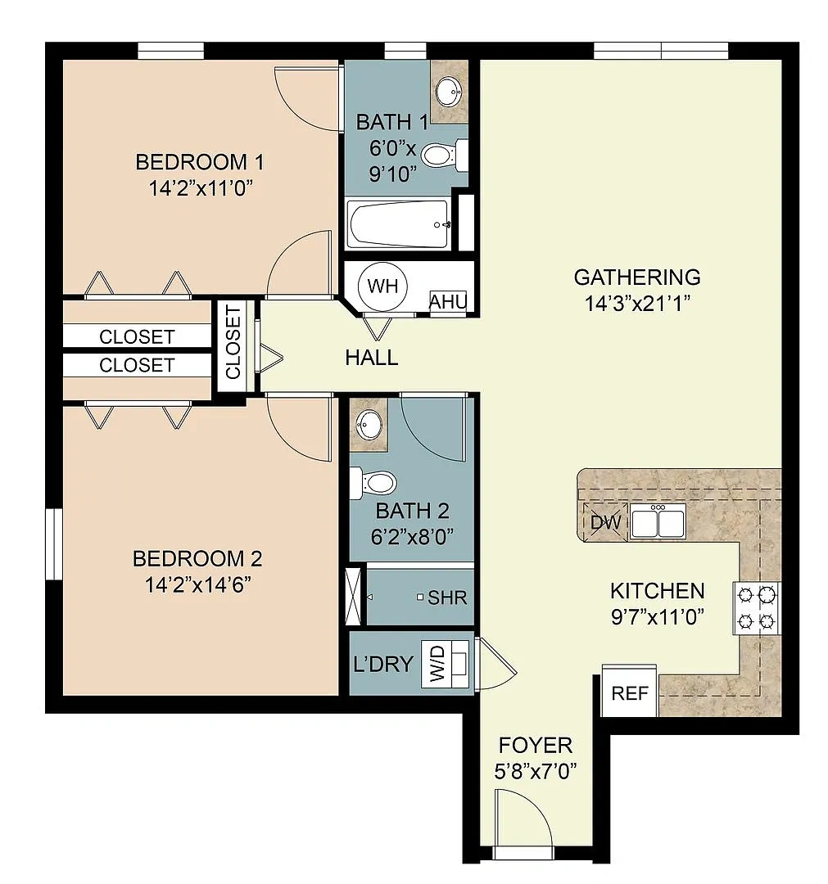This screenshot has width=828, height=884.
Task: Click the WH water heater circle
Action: click(383, 286)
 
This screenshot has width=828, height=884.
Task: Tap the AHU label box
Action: click(449, 301)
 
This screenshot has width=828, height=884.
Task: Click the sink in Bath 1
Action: click(450, 90)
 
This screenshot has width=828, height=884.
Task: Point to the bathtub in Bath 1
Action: click(399, 224)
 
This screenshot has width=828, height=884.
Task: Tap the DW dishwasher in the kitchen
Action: click(605, 521)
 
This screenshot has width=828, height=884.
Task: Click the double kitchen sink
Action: click(658, 521)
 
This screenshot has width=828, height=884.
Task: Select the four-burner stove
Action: click(757, 608)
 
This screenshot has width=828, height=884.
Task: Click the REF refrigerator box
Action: click(630, 691)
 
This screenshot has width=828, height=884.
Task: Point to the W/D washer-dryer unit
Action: click(445, 664)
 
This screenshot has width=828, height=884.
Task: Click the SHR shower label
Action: click(447, 598)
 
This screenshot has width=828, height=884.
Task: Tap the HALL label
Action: click(372, 358)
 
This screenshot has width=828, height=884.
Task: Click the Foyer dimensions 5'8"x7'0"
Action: click(536, 771)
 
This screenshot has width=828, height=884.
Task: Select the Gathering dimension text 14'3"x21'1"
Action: click(637, 304)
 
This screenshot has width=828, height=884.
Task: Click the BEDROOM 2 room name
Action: click(197, 559)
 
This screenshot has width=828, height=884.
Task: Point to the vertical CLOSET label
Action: click(233, 342)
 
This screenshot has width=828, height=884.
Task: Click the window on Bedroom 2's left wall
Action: click(53, 544)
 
